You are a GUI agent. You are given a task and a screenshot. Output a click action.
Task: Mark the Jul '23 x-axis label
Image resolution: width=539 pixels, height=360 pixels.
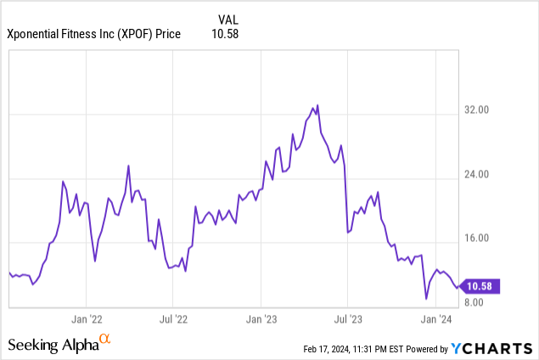click(x=347, y=319)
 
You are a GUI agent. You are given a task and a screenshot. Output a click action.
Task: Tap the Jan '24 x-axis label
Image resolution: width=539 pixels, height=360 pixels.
click(x=435, y=319)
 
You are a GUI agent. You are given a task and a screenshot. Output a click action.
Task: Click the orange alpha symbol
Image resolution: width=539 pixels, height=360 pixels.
click(x=104, y=340)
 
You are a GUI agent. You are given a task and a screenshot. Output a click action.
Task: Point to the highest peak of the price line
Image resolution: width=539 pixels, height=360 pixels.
click(x=317, y=105)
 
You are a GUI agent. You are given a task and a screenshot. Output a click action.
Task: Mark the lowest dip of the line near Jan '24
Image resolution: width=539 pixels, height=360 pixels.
click(x=426, y=299)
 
